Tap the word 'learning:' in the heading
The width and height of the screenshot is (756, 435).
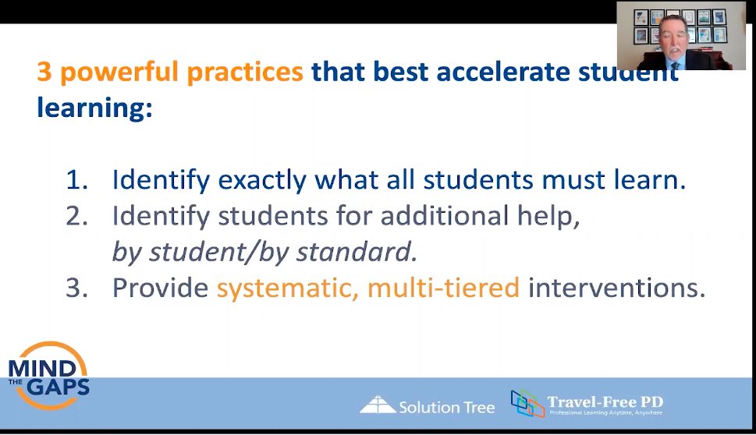point(94,108)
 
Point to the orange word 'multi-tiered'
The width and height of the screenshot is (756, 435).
point(443,288)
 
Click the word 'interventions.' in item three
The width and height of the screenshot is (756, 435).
point(616,288)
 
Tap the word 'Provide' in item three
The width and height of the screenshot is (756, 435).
point(160,288)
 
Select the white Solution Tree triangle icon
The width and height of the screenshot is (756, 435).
point(378,405)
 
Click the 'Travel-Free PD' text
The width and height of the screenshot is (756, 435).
point(605,402)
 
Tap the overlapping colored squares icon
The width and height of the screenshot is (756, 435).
point(527,403)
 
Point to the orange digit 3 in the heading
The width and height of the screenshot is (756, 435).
point(44,72)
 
